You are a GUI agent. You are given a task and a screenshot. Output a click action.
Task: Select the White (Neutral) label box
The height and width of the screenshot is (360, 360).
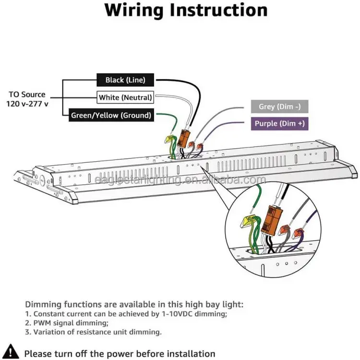pos(125,97)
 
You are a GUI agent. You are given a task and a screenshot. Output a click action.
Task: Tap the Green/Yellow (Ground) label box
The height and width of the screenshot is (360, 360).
pos(111,115)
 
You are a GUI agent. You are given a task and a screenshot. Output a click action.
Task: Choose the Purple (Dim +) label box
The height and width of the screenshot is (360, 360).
pos(279,123)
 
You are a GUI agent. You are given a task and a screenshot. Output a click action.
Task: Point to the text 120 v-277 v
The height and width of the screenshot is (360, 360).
pos(27,104)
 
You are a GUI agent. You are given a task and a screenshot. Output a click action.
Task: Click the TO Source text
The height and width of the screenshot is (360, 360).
pos(27,95)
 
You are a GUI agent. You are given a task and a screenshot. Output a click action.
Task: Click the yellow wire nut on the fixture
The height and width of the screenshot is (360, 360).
pos(169,140)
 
